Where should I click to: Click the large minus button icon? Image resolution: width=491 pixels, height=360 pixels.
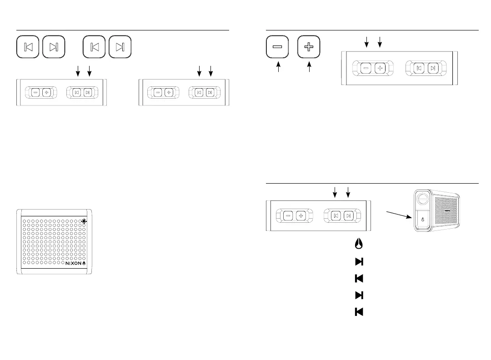tap(277, 47)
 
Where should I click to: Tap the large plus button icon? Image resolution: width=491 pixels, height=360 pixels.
tap(309, 47)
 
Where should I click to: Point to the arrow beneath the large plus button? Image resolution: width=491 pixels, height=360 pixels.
tap(309, 68)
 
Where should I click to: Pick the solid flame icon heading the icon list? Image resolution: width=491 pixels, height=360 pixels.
tap(359, 244)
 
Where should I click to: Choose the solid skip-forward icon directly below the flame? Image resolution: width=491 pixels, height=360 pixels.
tap(359, 261)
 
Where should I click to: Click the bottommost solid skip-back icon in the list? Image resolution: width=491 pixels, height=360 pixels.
tap(359, 312)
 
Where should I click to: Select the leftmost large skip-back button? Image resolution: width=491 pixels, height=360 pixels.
tap(28, 47)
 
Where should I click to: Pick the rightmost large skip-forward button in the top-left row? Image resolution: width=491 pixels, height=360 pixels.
tap(120, 47)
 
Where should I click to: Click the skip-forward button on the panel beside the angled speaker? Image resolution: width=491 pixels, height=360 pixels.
tap(348, 215)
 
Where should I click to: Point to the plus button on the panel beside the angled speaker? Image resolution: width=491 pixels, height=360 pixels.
tap(301, 215)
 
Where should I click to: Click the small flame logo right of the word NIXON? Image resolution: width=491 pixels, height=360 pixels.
tap(84, 263)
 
